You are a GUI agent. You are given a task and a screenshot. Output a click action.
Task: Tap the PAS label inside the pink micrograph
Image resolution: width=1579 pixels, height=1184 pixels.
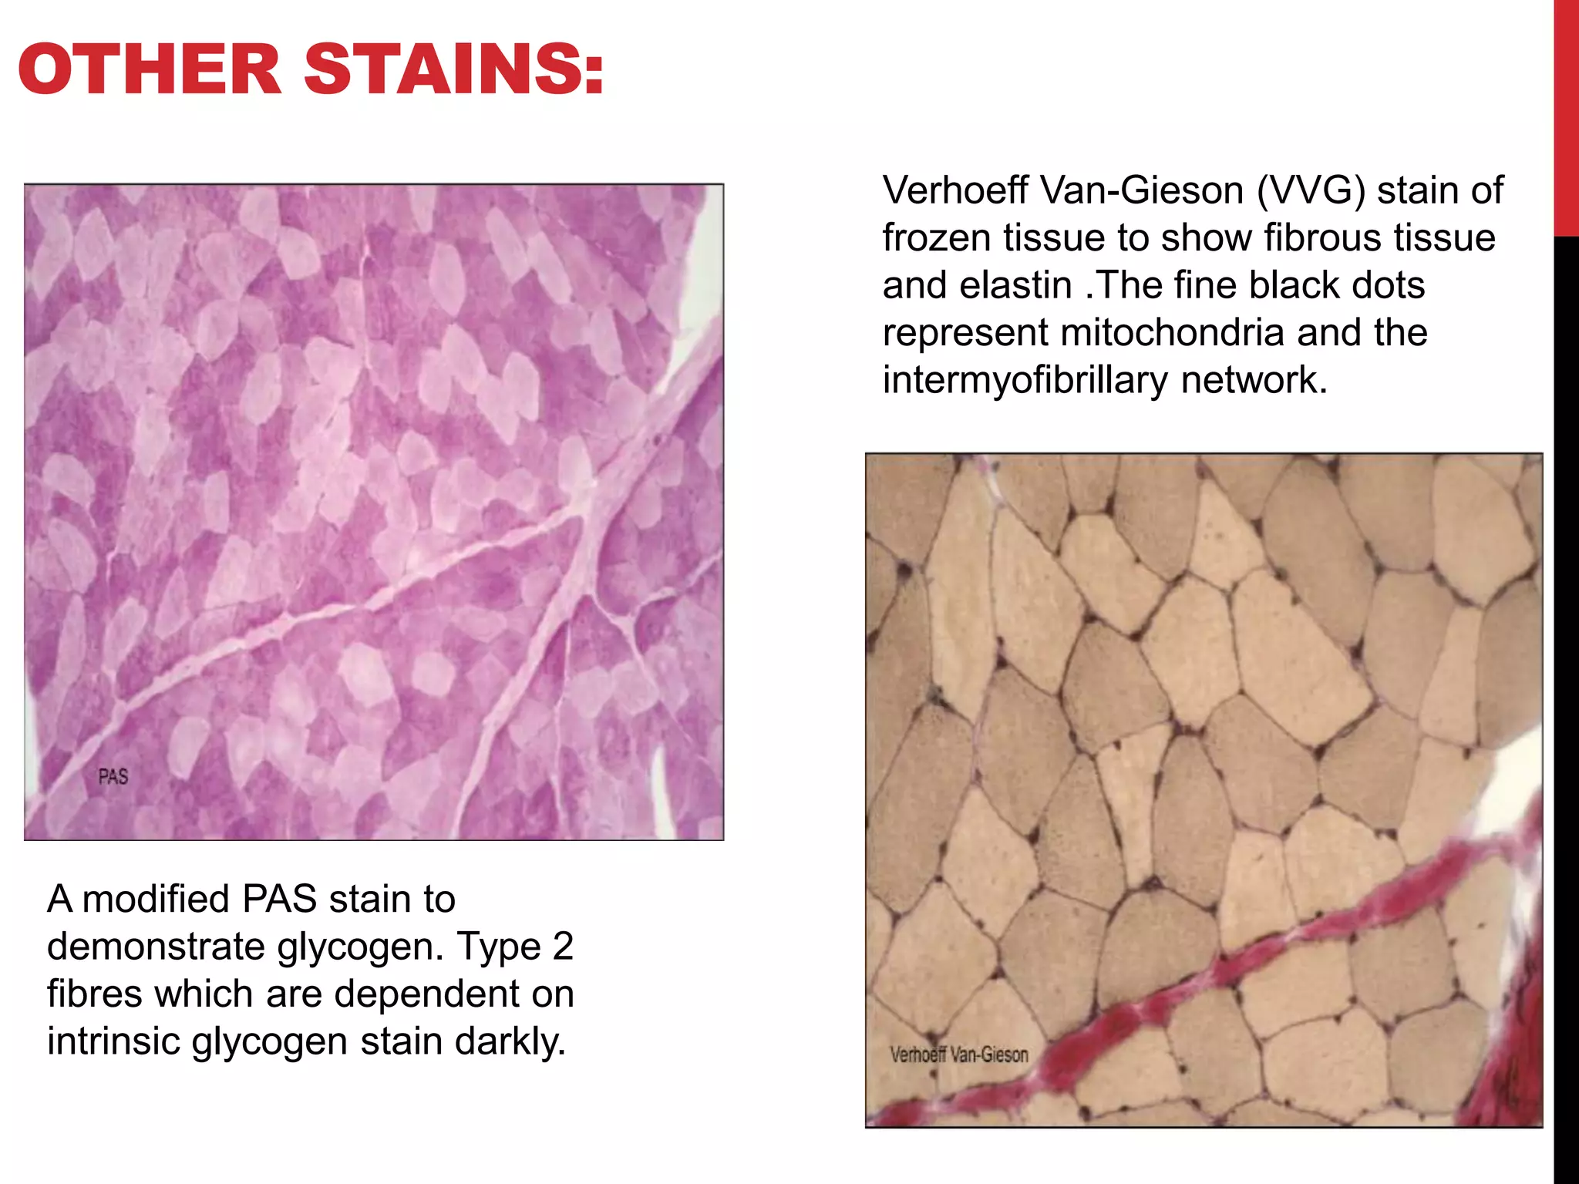113,777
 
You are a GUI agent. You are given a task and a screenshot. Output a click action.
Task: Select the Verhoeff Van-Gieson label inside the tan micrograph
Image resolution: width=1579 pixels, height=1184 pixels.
959,1054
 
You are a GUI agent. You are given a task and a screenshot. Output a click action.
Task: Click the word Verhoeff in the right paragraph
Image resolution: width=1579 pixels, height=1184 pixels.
956,190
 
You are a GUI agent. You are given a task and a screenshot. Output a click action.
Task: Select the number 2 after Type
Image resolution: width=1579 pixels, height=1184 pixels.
563,947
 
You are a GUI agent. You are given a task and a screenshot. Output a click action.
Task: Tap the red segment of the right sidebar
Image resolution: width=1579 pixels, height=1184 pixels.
1566,116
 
